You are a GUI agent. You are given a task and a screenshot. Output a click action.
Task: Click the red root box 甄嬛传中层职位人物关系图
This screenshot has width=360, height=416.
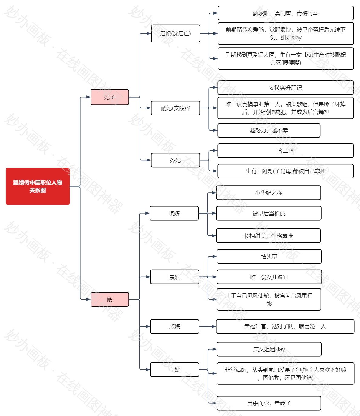coord(38,186)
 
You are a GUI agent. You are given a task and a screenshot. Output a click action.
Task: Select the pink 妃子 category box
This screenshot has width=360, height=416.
coord(110,97)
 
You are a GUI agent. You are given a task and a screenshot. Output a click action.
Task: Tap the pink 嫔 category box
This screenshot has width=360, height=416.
coord(110,299)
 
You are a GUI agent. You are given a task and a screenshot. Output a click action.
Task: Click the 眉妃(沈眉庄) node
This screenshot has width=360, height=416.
coord(175,33)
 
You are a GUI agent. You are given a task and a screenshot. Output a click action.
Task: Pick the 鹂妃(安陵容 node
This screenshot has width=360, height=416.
coord(175,108)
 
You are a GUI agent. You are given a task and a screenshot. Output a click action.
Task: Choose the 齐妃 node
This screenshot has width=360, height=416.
coord(175,160)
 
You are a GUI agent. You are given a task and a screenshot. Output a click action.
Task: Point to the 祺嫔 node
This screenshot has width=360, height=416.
coord(174,213)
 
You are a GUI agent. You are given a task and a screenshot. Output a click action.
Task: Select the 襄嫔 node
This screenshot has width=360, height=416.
coord(175,277)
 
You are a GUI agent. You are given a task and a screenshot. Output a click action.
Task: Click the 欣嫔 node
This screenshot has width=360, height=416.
coord(175,326)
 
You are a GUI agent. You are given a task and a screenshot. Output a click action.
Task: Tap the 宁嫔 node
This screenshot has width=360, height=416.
coord(175,370)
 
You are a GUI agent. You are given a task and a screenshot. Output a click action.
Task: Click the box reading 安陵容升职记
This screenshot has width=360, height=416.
coord(286,88)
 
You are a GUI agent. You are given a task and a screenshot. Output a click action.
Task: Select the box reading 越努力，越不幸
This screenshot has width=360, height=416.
coord(269,130)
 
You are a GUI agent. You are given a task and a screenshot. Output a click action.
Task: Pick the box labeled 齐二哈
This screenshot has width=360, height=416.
coord(286,151)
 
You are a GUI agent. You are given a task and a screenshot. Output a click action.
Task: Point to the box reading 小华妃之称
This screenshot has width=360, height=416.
coord(269,193)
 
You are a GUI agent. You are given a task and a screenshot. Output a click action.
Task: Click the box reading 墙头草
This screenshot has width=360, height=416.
coord(269,256)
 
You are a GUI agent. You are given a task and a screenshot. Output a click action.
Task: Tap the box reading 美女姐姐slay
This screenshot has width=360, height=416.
coord(269,349)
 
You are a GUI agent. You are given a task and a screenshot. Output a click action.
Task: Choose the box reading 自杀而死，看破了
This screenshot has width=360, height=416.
coord(269,403)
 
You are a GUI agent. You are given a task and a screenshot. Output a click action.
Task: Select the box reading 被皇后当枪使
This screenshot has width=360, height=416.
coord(269,213)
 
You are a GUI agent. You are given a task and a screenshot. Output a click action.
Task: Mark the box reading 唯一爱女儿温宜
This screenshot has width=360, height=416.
coord(269,277)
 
